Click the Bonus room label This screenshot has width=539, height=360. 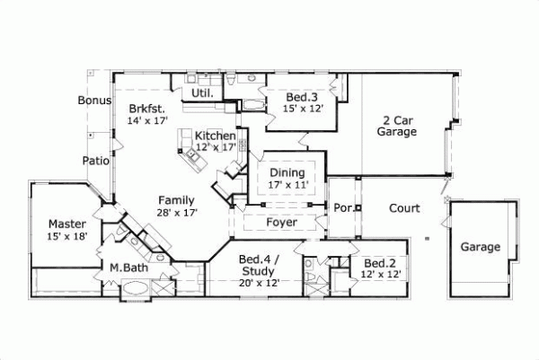click(94, 101)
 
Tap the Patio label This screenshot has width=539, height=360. click(96, 162)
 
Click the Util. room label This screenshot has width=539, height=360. click(200, 92)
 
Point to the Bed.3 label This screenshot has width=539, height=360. click(301, 97)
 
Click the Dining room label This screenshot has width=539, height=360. click(287, 173)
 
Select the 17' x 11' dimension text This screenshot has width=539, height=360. click(287, 185)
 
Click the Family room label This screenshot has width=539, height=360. click(177, 199)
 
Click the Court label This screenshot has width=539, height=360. click(404, 209)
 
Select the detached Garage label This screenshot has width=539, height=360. click(481, 247)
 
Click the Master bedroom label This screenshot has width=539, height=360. click(67, 224)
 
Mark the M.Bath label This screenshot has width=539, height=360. click(128, 268)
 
